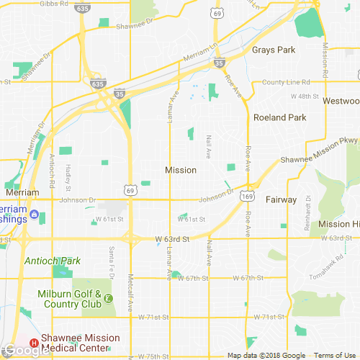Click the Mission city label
(x=180, y=171)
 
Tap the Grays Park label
(x=274, y=50)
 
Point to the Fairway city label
(x=281, y=199)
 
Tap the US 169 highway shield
(x=247, y=194)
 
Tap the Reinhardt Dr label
(x=308, y=209)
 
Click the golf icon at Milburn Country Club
(x=108, y=298)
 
